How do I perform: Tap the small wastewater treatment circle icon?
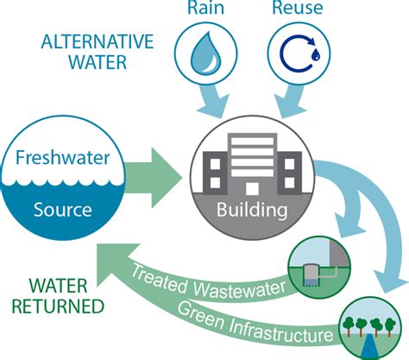pyautogui.click(x=315, y=264)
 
